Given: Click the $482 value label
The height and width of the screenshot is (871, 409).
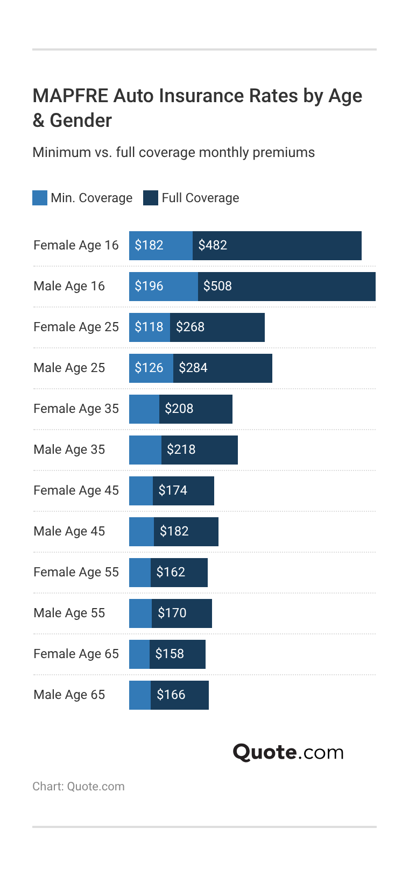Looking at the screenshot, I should (213, 245).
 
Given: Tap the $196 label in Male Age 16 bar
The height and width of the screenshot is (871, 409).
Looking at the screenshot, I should (149, 286).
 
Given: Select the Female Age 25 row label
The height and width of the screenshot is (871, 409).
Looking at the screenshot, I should (76, 327).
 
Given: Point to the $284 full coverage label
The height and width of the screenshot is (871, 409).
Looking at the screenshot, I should (193, 368).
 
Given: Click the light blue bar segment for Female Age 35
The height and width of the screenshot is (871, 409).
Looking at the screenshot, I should (144, 409).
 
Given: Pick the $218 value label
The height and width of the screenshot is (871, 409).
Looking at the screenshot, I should (181, 449).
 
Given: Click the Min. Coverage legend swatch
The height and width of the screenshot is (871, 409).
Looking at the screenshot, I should (40, 198).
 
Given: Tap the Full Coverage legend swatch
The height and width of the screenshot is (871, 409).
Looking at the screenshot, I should (151, 198).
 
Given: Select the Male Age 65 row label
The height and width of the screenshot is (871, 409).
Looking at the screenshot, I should (69, 695).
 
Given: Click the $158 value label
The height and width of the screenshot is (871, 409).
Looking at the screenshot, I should (170, 654).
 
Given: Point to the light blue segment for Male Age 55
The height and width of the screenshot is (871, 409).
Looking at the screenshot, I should (140, 613).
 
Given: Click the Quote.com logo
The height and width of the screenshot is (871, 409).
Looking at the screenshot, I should (288, 752).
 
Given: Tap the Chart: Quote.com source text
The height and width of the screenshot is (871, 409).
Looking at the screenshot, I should (79, 786).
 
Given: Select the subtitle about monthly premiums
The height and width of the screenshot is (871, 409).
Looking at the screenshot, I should (173, 152).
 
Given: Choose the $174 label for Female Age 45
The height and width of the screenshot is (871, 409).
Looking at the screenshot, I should (173, 490).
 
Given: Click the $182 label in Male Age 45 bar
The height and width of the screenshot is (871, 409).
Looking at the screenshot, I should (174, 531).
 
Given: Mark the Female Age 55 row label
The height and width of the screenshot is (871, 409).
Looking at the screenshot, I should (76, 572).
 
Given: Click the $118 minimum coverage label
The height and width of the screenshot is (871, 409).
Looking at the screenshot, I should (149, 327).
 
